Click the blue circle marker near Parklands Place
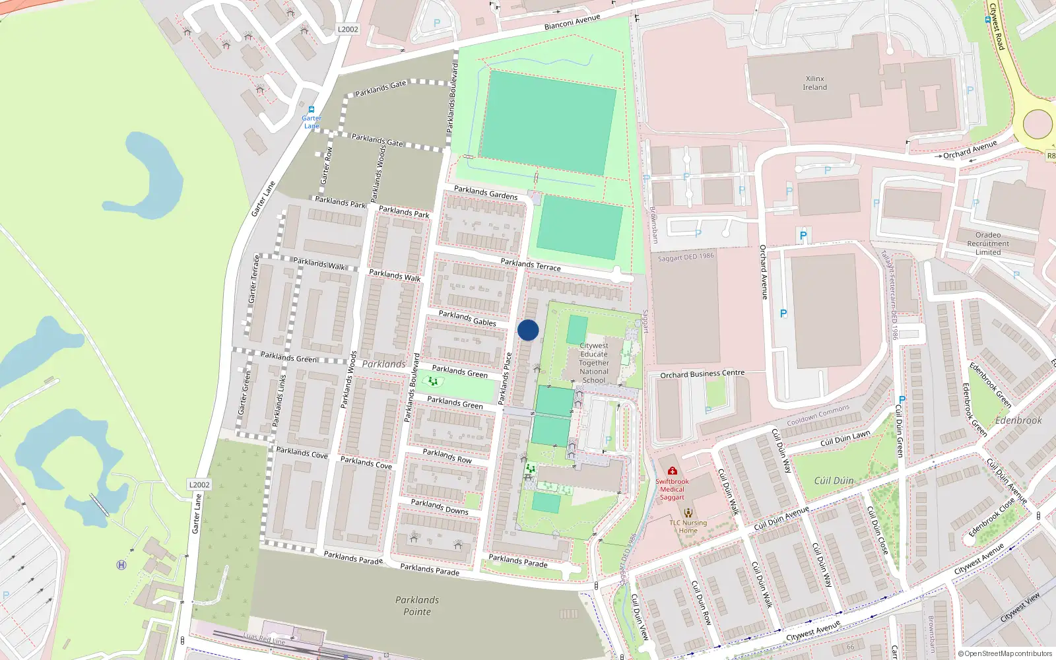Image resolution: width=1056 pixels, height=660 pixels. (528, 330)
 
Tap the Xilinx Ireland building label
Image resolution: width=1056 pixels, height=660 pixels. (814, 82)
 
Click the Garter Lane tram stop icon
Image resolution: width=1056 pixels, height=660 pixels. (311, 110)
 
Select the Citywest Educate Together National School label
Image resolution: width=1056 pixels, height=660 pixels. (594, 362)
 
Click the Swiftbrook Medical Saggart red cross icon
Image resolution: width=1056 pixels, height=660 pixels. (672, 471)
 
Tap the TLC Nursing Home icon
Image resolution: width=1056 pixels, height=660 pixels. (688, 513)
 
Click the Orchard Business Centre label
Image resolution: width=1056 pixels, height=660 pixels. (702, 374)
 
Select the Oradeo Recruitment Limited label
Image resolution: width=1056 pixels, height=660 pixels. (987, 244)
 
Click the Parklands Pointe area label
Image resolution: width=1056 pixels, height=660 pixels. (417, 605)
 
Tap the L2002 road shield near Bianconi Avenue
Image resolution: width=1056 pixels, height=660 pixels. (348, 29)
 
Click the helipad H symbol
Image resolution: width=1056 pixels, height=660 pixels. (121, 564)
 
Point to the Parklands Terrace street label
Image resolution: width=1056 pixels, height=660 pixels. (530, 265)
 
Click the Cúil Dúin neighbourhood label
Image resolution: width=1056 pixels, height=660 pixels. (834, 480)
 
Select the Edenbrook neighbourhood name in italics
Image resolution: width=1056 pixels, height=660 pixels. (1018, 420)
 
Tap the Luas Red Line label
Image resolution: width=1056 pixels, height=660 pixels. (264, 638)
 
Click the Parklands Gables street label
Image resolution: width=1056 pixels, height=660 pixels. (467, 318)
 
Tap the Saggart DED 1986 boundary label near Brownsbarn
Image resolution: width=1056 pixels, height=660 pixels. (686, 257)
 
